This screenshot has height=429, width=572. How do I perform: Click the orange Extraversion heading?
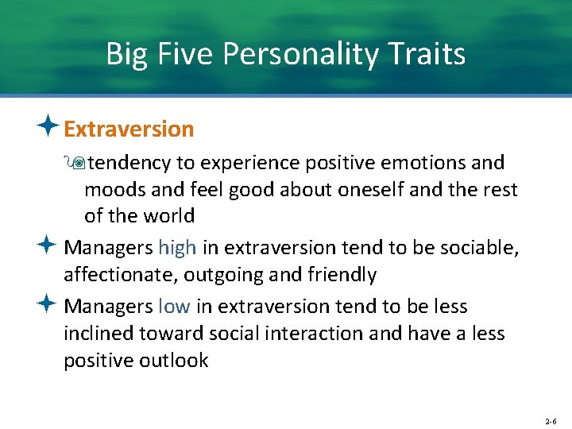[129, 129]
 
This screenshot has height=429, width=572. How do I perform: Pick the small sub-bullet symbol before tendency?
[76, 163]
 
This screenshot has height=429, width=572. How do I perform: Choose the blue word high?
[176, 248]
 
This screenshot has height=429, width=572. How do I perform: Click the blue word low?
[173, 307]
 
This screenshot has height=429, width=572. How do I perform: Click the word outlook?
[174, 361]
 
